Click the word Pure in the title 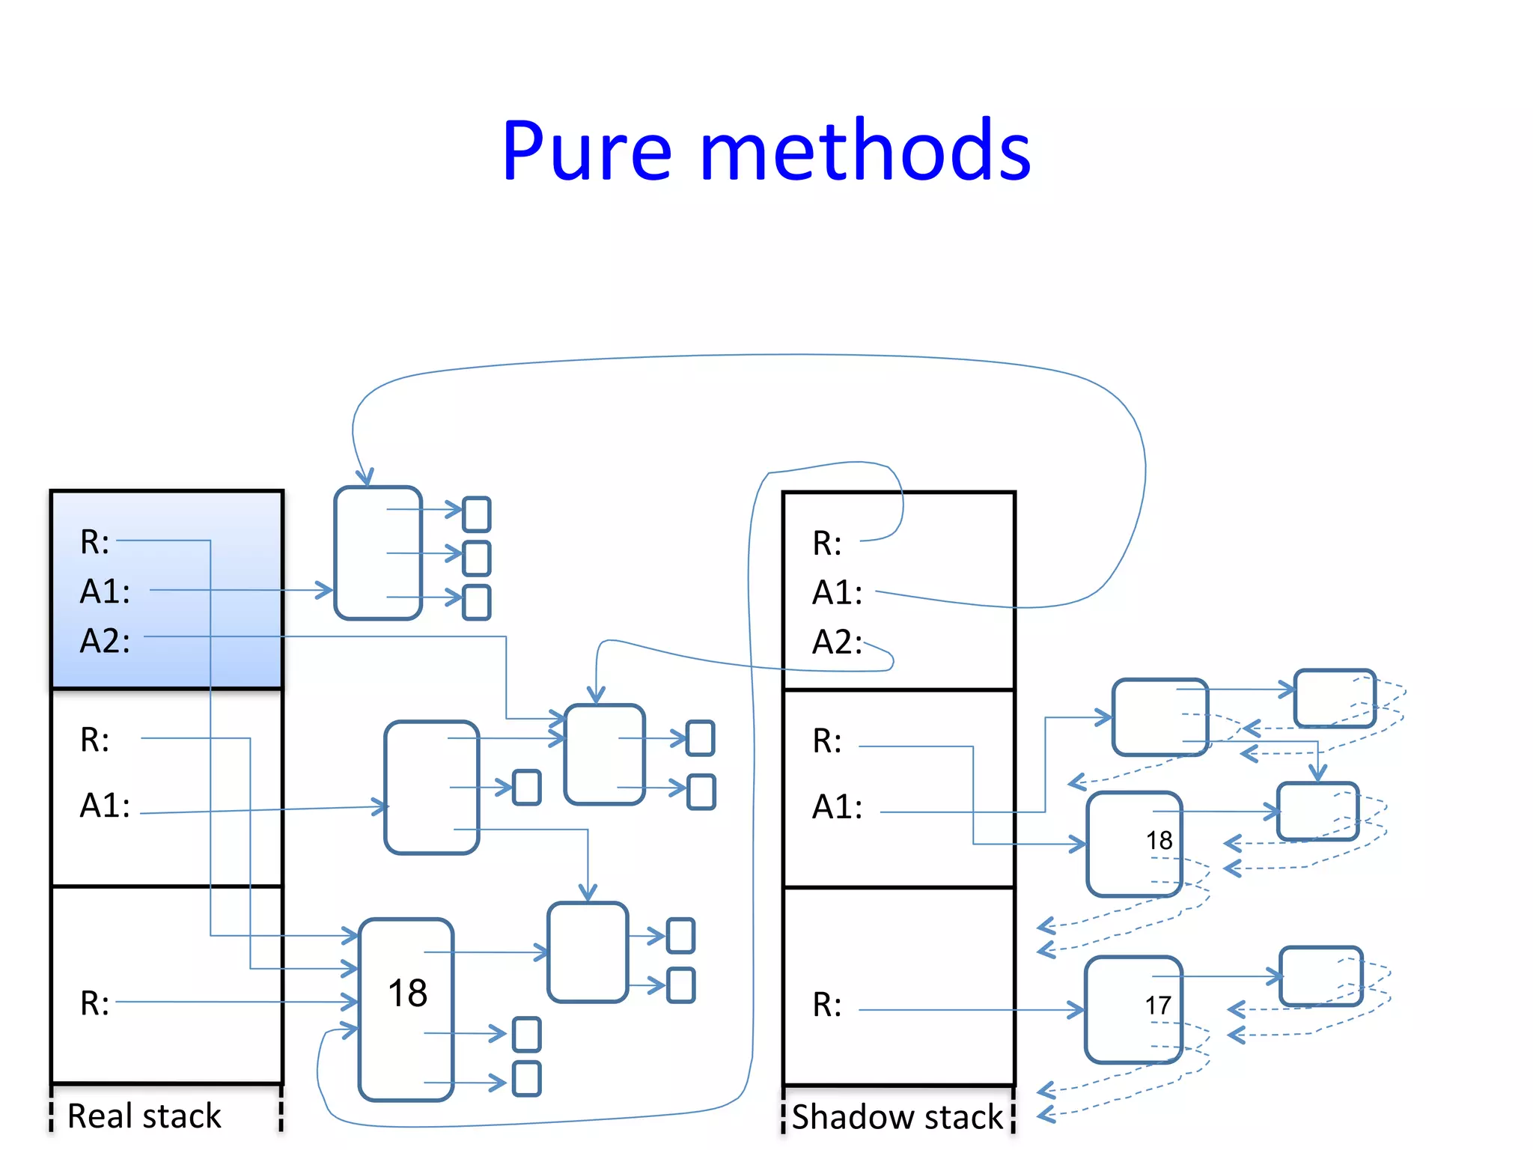coord(587,152)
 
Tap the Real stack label coord(144,1116)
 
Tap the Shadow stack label coord(897,1116)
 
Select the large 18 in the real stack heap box coord(407,994)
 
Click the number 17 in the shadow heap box coord(1157,1006)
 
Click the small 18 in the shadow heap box coord(1159,840)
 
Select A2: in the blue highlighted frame coord(105,642)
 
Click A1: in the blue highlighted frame coord(105,591)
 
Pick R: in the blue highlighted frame coord(95,542)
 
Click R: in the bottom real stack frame coord(95,1003)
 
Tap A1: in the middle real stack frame coord(105,806)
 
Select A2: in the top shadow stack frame coord(837,642)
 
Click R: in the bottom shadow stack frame coord(827,1005)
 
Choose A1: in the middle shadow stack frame coord(837,807)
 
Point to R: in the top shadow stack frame coord(827,544)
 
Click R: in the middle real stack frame coord(95,740)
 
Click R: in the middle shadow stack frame coord(827,741)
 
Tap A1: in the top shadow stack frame coord(837,593)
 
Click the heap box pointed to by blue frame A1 coord(378,553)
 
